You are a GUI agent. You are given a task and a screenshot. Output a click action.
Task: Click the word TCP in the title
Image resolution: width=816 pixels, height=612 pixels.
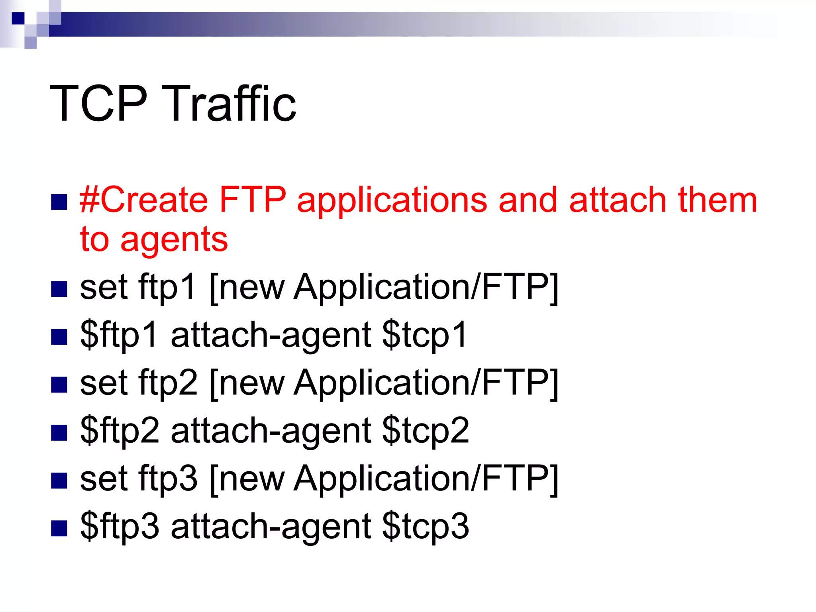[x=98, y=103]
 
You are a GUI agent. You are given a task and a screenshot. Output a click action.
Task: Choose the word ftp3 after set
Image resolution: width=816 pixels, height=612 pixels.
[x=167, y=478]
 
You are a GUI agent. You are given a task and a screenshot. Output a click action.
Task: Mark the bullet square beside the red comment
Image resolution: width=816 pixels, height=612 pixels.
[x=59, y=202]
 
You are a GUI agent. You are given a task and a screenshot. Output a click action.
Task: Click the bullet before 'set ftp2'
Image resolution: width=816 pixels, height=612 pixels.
[x=59, y=385]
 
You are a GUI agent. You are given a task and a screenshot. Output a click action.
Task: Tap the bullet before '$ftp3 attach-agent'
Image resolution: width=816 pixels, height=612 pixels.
[x=59, y=529]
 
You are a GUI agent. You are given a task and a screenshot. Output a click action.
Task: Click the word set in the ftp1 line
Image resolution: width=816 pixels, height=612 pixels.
[x=104, y=287]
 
